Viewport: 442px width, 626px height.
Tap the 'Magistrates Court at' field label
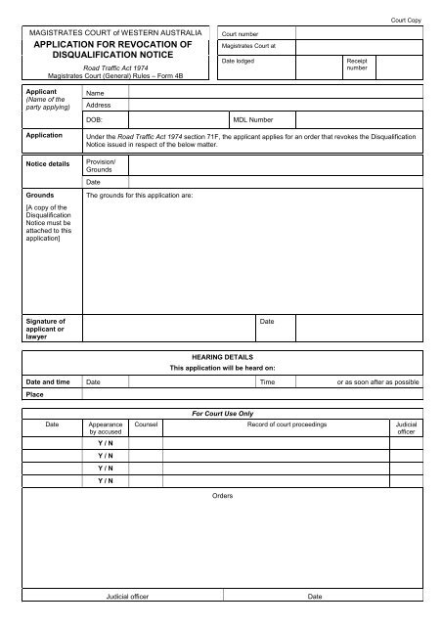pos(249,46)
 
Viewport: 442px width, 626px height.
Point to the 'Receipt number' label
pos(357,65)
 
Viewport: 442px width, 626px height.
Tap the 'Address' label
pos(99,105)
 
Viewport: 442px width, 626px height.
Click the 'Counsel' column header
pos(146,426)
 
